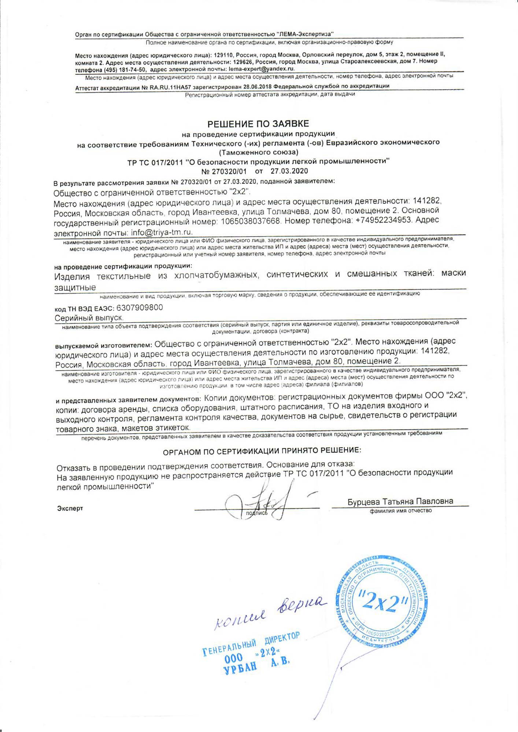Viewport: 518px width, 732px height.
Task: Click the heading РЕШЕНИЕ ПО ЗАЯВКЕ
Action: [258, 124]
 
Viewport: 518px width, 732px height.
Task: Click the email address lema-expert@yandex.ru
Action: [261, 69]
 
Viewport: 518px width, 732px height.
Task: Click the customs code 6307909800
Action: [140, 307]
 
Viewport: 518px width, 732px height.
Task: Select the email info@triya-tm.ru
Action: [162, 232]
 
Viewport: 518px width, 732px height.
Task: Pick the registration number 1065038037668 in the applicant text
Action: [251, 221]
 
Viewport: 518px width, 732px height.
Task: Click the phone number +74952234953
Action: [383, 220]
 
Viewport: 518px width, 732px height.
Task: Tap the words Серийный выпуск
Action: [89, 318]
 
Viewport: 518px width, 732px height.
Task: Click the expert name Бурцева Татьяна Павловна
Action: [400, 501]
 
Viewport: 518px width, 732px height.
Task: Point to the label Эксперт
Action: [70, 508]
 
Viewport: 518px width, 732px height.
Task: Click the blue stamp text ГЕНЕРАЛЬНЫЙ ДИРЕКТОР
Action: [251, 645]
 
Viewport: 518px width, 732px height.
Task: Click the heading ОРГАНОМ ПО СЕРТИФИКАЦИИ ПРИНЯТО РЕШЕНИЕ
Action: [262, 451]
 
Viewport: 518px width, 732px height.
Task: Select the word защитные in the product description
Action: [75, 288]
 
